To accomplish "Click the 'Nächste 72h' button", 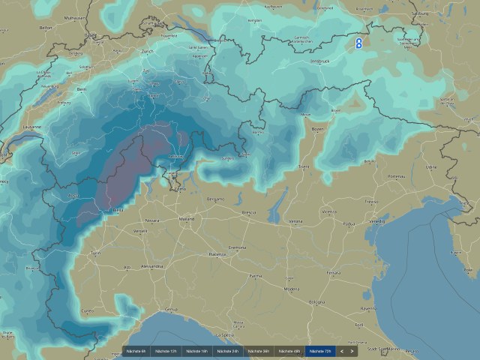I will click(320, 351).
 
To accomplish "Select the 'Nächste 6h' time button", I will click(136, 351).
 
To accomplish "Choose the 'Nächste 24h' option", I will click(228, 351).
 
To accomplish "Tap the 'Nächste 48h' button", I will click(289, 351).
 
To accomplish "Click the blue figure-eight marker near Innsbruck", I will click(358, 44).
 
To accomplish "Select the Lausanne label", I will click(31, 127).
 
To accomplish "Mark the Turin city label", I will click(95, 253).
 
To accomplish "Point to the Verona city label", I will click(296, 221).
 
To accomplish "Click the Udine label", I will click(430, 166).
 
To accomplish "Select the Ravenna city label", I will click(367, 308).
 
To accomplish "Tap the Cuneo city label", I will click(88, 310).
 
